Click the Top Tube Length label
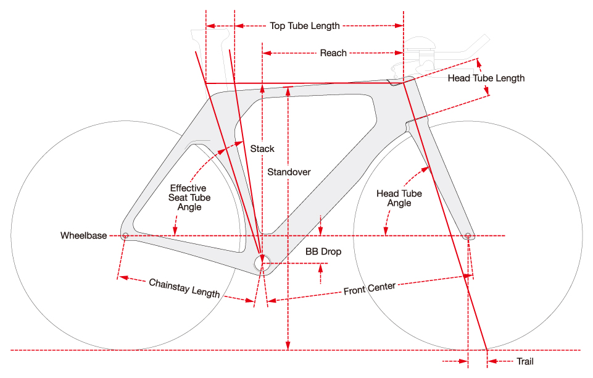click(305, 26)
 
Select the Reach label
click(333, 53)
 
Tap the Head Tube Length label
click(486, 78)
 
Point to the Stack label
click(262, 149)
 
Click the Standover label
click(289, 172)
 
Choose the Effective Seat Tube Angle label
click(189, 198)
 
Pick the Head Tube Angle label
click(399, 198)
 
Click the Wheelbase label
click(83, 236)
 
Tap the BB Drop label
click(323, 252)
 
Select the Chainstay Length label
click(185, 288)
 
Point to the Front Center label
click(369, 288)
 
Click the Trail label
click(525, 361)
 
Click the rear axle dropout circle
click(125, 235)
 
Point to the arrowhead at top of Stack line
click(263, 87)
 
